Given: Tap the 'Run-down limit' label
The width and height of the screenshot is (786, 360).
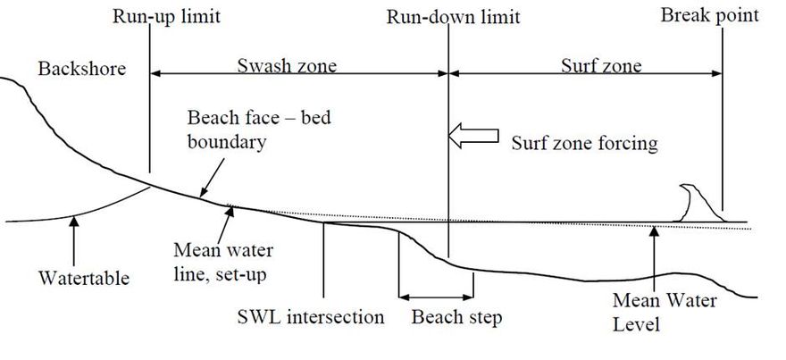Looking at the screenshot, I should (453, 16).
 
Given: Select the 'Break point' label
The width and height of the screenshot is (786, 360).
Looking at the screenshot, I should (710, 14).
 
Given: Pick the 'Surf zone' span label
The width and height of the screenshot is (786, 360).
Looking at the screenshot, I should (600, 66).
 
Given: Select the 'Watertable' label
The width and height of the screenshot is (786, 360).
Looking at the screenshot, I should (83, 278).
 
